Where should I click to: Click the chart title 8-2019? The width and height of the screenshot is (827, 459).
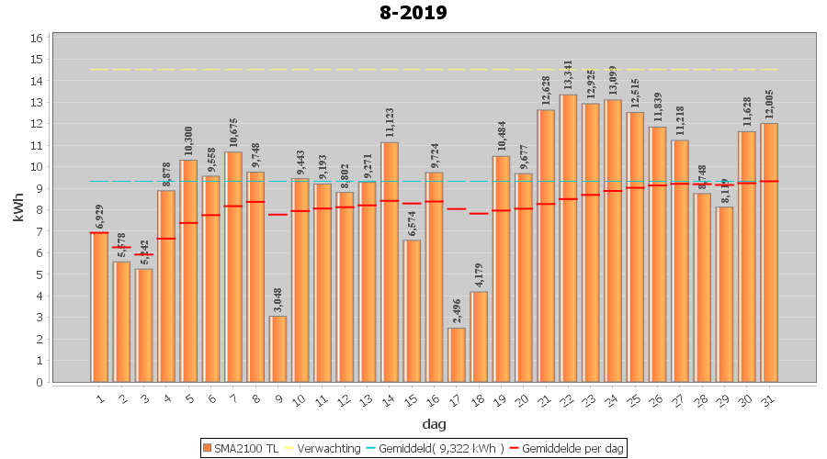tap(413, 13)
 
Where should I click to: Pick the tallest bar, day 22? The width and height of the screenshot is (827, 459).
tap(569, 239)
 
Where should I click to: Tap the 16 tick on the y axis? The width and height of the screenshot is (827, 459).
tap(37, 39)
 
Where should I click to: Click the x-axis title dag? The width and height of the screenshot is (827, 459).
tap(434, 424)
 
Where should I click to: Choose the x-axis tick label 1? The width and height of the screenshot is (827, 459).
tap(98, 397)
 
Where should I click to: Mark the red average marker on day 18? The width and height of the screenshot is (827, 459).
tap(479, 213)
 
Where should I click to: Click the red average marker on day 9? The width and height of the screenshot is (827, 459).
tap(278, 215)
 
